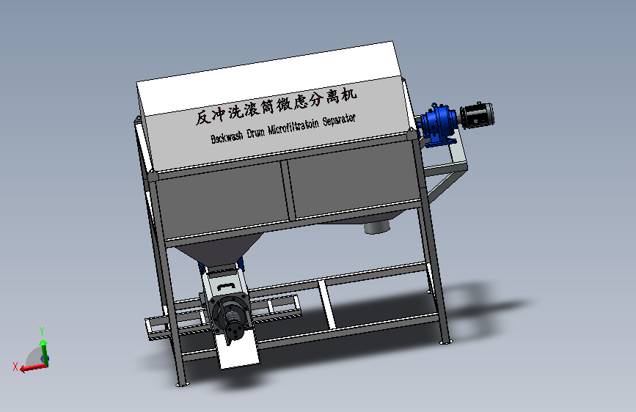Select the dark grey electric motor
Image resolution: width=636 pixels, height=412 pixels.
tap(477, 115)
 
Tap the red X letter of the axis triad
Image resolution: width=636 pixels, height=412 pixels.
tap(15, 366)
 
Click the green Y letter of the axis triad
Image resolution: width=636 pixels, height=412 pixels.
tap(42, 330)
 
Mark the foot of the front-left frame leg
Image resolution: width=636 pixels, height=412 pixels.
tap(180, 382)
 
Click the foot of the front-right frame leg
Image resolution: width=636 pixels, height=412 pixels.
tap(445, 340)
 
